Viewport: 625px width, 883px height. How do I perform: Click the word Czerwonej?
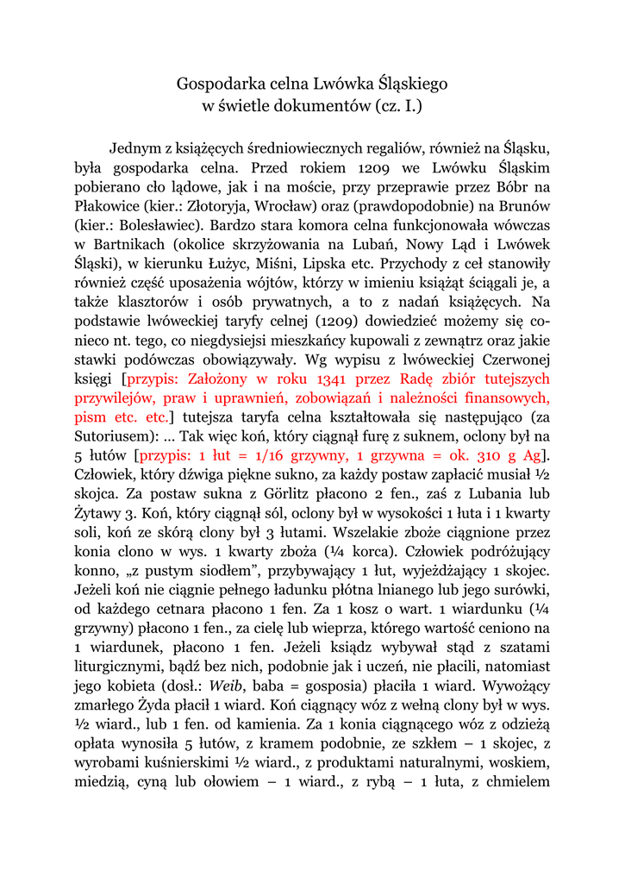point(513,359)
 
